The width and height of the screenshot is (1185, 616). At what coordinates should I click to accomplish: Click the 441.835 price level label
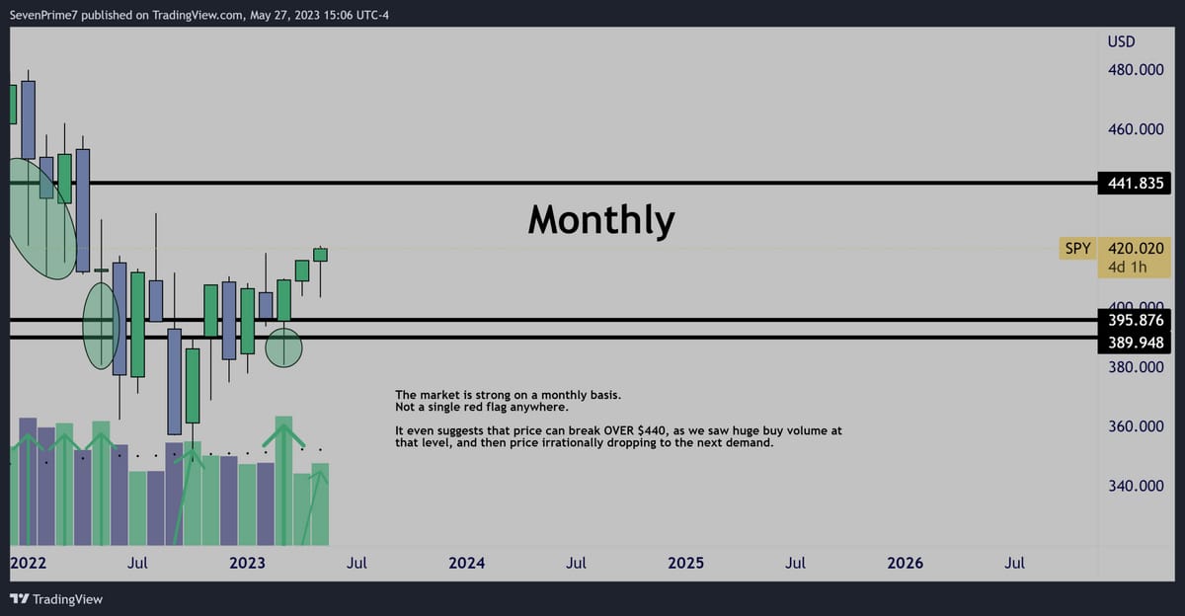pos(1135,183)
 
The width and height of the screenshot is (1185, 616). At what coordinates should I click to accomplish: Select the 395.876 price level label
pos(1135,320)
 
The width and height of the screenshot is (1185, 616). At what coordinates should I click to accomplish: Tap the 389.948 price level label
pos(1135,343)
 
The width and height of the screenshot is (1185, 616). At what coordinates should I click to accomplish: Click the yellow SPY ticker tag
pos(1077,248)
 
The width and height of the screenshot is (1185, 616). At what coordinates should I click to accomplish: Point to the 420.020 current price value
pos(1136,248)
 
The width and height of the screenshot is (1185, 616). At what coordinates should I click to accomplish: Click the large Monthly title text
pos(601,219)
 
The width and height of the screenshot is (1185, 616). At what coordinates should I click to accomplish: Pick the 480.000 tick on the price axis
pos(1136,70)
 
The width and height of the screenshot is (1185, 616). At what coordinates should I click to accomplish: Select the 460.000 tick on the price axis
pos(1136,129)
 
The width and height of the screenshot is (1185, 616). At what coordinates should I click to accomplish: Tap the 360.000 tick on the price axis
pos(1136,426)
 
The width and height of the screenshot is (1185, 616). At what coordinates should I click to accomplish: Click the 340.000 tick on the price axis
pos(1136,486)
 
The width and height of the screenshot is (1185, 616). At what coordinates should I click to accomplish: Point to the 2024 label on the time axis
pos(466,563)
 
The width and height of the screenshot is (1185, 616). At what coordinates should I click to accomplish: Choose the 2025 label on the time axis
pos(685,563)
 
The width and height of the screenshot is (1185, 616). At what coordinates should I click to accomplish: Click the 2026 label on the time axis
pos(906,563)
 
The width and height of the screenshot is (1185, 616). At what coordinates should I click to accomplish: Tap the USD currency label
pos(1121,41)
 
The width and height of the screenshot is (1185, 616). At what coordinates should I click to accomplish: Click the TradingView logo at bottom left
pos(56,599)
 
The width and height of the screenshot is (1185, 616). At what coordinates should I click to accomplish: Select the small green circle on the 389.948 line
pos(283,347)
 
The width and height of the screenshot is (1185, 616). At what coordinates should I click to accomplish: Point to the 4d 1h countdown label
pos(1128,267)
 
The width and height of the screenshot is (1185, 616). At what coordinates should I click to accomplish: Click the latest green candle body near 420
pos(320,255)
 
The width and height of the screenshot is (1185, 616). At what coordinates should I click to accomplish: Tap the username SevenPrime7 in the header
pos(43,15)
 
